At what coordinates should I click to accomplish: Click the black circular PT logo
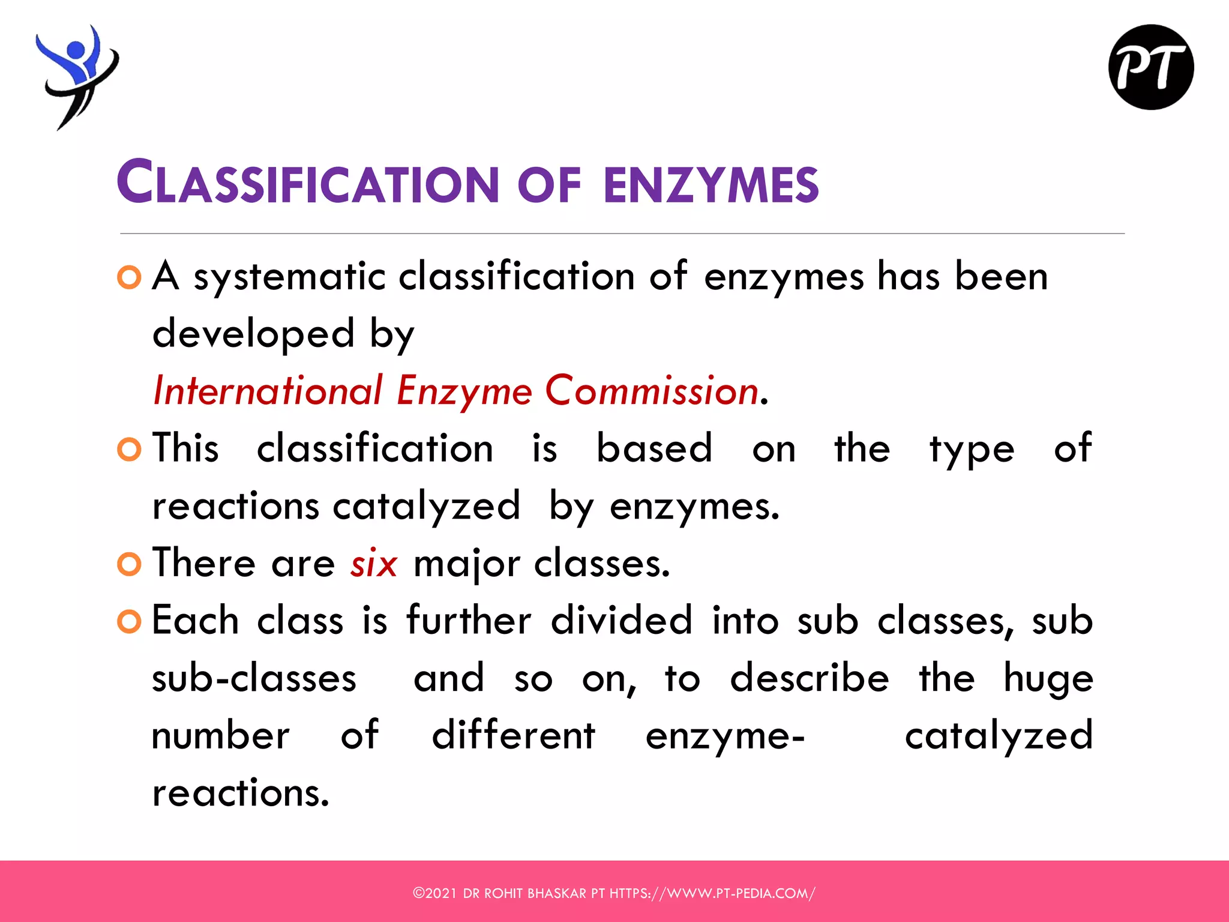tap(1150, 67)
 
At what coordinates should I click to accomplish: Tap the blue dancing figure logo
tap(77, 75)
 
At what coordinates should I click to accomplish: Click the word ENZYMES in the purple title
tap(711, 184)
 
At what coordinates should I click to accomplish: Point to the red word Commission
tap(652, 391)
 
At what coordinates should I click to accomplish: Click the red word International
tap(268, 391)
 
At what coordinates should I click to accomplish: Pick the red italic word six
tap(373, 564)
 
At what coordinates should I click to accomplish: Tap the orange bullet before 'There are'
tap(129, 564)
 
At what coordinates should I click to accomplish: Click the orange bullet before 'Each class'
tap(129, 621)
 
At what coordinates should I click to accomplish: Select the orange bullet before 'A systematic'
tap(129, 277)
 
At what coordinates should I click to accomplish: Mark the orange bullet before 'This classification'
tap(129, 450)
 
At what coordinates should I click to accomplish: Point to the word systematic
tap(289, 277)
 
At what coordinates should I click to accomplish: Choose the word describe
tap(809, 678)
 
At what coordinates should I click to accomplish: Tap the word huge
tap(1048, 679)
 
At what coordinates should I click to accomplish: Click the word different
tap(513, 735)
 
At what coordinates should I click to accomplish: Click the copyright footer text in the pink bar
tap(614, 893)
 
